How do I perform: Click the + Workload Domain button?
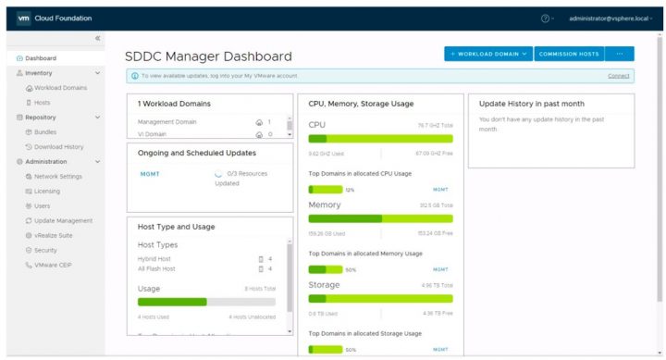[x=487, y=55]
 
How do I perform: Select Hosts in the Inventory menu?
[x=43, y=103]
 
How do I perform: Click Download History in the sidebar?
[x=58, y=147]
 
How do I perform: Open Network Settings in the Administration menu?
[x=57, y=176]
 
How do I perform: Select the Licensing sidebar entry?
[x=47, y=191]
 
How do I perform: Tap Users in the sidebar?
[x=43, y=205]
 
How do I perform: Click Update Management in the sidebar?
[x=63, y=220]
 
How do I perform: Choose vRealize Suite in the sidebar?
[x=55, y=235]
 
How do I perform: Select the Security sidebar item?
[x=46, y=250]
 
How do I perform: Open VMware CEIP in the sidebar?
[x=53, y=265]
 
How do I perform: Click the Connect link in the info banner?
[x=619, y=76]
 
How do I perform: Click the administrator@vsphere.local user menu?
[x=610, y=18]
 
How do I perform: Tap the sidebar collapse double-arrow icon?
[x=98, y=38]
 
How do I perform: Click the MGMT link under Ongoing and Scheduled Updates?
[x=149, y=172]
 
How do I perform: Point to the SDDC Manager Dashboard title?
[x=208, y=56]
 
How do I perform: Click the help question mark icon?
[x=546, y=18]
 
